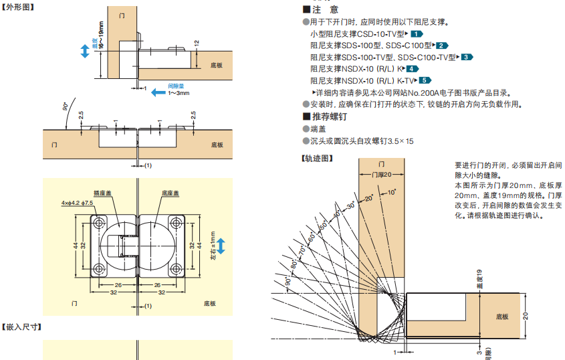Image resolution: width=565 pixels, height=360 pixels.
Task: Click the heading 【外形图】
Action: click(x=17, y=8)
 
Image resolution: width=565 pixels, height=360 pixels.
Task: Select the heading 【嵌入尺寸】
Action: click(x=22, y=327)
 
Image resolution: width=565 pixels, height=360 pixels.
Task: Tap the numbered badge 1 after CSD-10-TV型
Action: click(x=417, y=33)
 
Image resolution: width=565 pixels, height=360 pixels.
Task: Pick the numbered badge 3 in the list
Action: click(x=466, y=58)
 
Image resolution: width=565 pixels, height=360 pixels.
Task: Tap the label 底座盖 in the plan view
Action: click(x=170, y=192)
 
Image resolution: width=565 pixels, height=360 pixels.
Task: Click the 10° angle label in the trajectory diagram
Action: click(x=392, y=193)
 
